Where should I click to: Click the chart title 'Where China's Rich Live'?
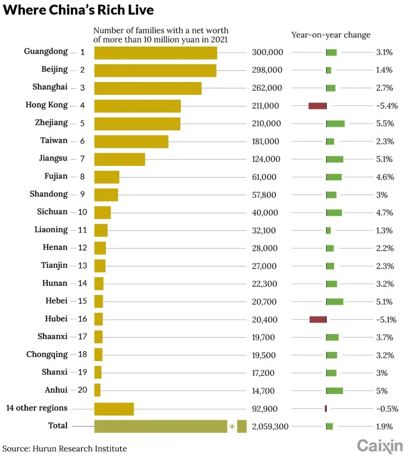click(x=78, y=10)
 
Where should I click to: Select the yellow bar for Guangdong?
click(x=155, y=52)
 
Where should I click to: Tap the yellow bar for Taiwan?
click(x=131, y=141)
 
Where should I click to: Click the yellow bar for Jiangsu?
click(x=120, y=159)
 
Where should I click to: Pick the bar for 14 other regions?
click(x=114, y=409)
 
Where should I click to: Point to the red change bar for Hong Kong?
click(x=317, y=105)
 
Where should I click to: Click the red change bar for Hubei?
click(x=318, y=319)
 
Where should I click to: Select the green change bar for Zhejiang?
click(x=335, y=124)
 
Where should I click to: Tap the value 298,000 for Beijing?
click(x=267, y=70)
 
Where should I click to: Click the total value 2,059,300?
click(x=270, y=427)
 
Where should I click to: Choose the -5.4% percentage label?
click(x=386, y=105)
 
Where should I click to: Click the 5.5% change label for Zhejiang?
click(x=385, y=124)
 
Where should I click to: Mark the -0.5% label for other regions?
click(x=386, y=409)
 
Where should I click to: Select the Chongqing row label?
click(x=47, y=354)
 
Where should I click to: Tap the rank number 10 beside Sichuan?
click(x=82, y=212)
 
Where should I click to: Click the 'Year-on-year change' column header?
click(x=331, y=35)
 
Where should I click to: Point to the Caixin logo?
click(x=380, y=446)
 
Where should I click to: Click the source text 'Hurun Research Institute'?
click(x=80, y=448)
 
